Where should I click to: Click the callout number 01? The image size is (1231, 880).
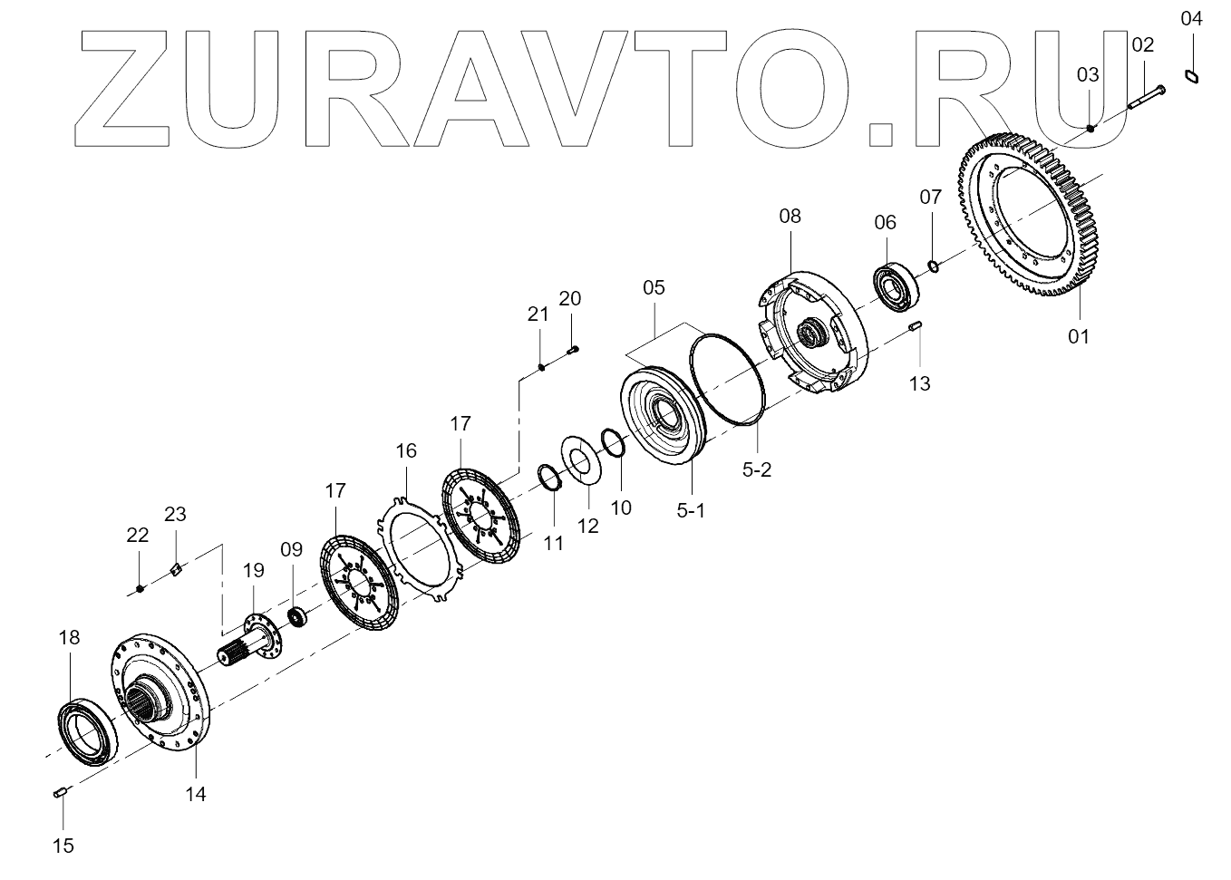[x=1078, y=336]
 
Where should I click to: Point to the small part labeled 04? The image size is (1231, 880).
[x=1192, y=77]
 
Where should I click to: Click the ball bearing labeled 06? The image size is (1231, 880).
[x=897, y=281]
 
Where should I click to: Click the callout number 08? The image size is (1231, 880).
[x=790, y=216]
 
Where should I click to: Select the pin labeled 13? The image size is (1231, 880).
[x=916, y=327]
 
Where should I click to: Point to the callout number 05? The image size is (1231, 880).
[x=654, y=288]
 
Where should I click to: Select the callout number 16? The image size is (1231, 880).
[x=405, y=450]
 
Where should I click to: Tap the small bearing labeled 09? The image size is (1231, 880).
[x=296, y=618]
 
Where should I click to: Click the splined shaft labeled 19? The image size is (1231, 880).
[x=249, y=643]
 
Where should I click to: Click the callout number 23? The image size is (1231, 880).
[x=175, y=514]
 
